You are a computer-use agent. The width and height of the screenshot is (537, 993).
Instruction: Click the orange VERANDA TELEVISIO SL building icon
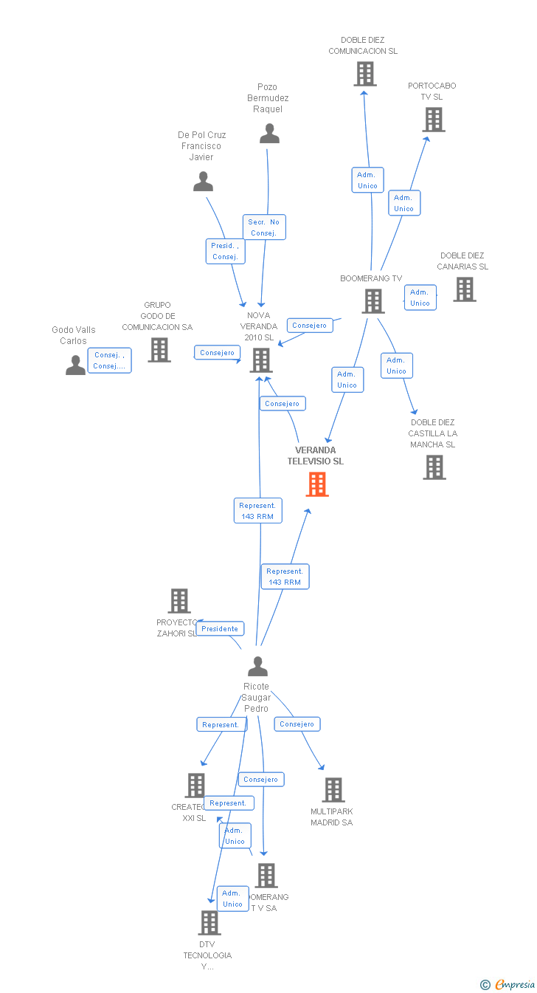pyautogui.click(x=317, y=484)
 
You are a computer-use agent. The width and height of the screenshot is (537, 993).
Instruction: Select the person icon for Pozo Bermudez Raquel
pyautogui.click(x=270, y=134)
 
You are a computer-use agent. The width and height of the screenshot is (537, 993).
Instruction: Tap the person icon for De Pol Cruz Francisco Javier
pyautogui.click(x=203, y=181)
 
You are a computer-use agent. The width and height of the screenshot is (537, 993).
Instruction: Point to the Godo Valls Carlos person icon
pyautogui.click(x=75, y=365)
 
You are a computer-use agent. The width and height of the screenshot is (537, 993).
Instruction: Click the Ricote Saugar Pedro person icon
pyautogui.click(x=257, y=666)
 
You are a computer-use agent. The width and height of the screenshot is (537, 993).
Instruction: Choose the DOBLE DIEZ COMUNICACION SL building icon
pyautogui.click(x=364, y=74)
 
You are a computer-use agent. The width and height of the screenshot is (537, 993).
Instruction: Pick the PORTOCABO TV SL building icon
pyautogui.click(x=434, y=120)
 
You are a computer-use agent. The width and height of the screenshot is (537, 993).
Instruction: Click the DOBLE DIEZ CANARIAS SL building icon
pyautogui.click(x=465, y=289)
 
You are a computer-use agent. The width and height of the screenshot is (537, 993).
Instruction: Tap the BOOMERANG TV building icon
pyautogui.click(x=373, y=300)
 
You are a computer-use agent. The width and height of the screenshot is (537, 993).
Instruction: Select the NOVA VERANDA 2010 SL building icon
pyautogui.click(x=261, y=360)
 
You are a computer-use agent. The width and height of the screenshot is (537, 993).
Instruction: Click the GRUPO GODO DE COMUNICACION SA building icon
pyautogui.click(x=159, y=349)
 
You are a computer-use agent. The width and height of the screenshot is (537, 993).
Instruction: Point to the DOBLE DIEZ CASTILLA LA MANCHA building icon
pyautogui.click(x=434, y=467)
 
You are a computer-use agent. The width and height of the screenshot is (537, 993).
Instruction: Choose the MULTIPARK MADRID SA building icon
pyautogui.click(x=333, y=789)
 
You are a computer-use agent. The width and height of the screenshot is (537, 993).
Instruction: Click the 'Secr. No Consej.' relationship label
pyautogui.click(x=264, y=227)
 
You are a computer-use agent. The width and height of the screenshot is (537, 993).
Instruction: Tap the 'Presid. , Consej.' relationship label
pyautogui.click(x=225, y=251)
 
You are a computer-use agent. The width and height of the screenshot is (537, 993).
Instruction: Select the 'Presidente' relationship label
pyautogui.click(x=220, y=629)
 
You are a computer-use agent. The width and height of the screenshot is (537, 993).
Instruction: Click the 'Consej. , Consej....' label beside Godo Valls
pyautogui.click(x=110, y=360)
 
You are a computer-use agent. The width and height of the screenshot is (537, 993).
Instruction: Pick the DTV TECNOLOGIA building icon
pyautogui.click(x=209, y=922)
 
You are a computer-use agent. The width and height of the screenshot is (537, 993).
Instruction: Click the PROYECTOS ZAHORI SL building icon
pyautogui.click(x=179, y=601)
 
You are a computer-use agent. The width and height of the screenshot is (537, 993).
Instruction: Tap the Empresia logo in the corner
pyautogui.click(x=509, y=984)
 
